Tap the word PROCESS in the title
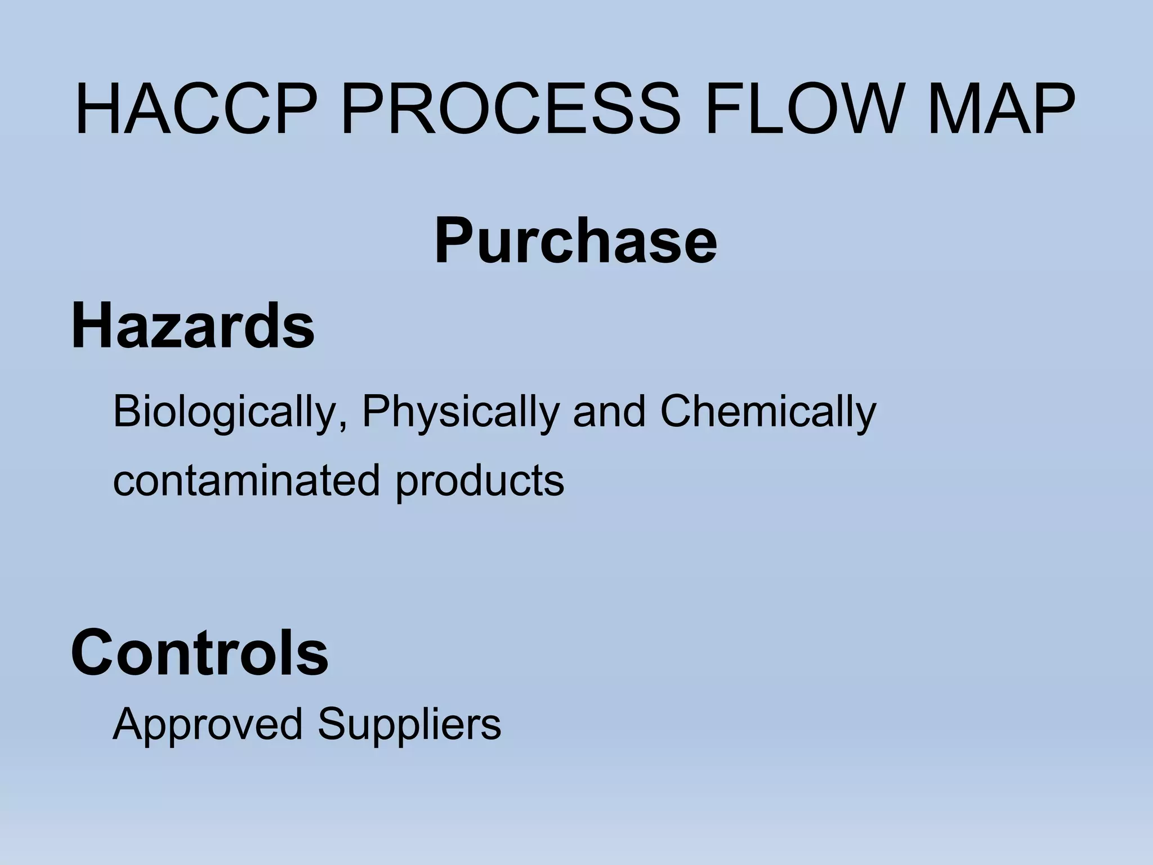[x=510, y=110]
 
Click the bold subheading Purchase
[x=575, y=241]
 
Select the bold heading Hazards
[x=193, y=326]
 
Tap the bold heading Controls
[x=199, y=653]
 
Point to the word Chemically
[x=768, y=412]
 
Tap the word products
[x=479, y=480]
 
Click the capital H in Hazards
[x=91, y=326]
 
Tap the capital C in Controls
[x=93, y=653]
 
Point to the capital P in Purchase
[x=454, y=241]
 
